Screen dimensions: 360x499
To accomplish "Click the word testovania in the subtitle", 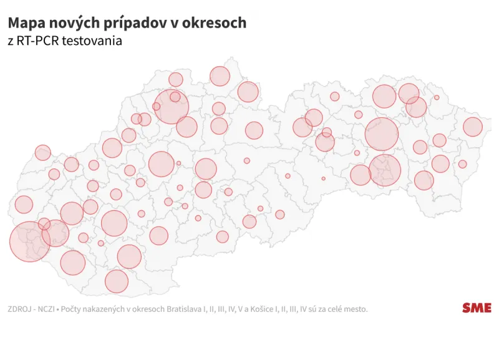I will (x=96, y=41).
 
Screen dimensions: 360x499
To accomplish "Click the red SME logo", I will (x=477, y=308).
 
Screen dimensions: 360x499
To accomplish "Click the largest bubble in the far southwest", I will (x=30, y=241).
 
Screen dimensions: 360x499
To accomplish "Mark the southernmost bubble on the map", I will (x=117, y=281).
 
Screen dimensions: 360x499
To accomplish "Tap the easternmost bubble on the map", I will (x=473, y=127).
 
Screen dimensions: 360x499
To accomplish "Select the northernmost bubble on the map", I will (x=220, y=76).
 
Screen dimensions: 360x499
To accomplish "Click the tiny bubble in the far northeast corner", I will (x=437, y=97).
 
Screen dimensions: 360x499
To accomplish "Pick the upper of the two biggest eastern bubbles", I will (x=382, y=134).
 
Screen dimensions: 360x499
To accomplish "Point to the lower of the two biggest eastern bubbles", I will (x=385, y=170).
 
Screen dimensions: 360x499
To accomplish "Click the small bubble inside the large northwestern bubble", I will (x=175, y=97).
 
